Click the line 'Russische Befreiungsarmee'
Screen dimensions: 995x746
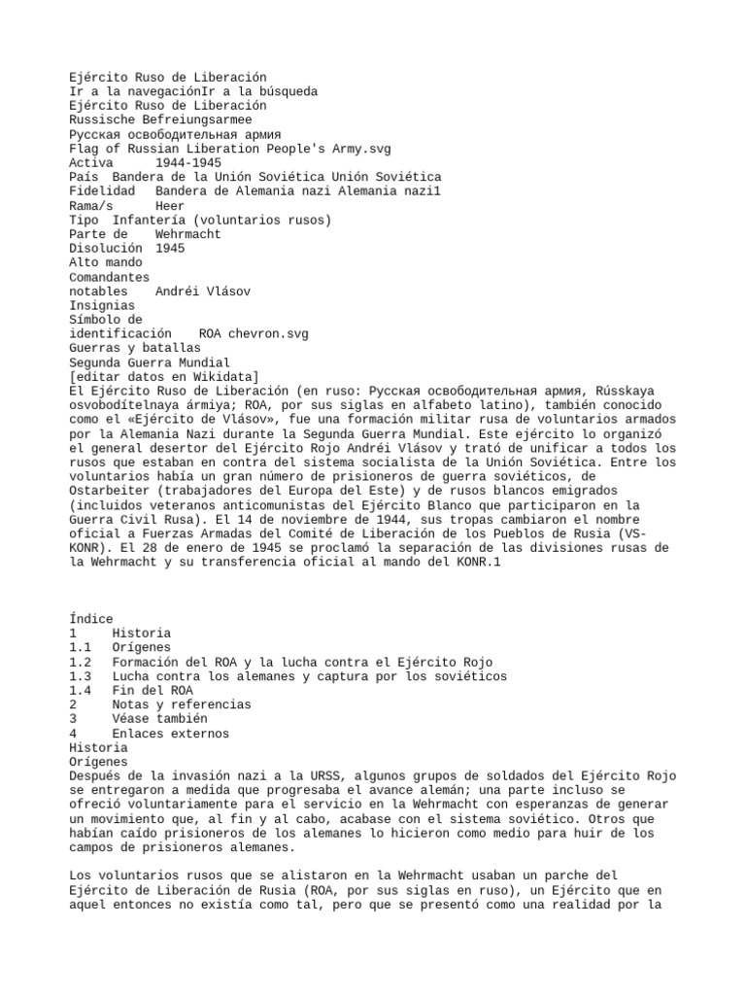tap(160, 120)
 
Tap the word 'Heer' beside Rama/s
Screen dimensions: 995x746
tap(169, 205)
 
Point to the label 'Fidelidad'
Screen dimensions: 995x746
tap(101, 190)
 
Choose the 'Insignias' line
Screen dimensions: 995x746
tap(101, 305)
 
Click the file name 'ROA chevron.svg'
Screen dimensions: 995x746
tap(254, 333)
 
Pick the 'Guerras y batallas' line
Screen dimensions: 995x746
tap(134, 348)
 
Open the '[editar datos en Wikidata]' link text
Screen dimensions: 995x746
tap(163, 376)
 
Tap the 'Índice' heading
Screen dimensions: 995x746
tap(91, 619)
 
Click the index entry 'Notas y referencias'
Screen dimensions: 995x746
tap(181, 704)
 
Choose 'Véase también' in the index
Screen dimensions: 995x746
tap(159, 719)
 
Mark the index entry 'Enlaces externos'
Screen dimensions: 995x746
tap(170, 734)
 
